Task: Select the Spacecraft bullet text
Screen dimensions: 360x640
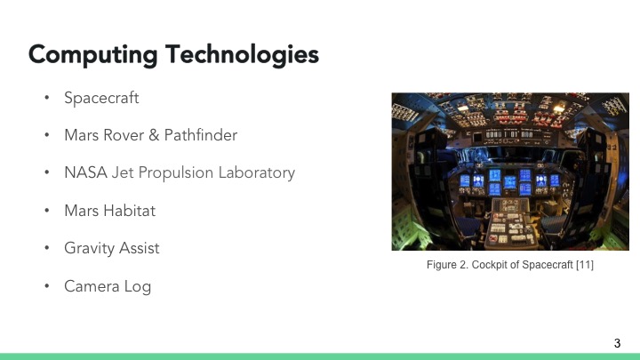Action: tap(101, 98)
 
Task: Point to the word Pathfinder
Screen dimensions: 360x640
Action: tap(201, 135)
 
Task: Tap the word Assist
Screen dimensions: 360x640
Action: tap(140, 248)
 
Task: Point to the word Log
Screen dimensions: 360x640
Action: tap(138, 286)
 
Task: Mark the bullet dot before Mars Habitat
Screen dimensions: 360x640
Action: tap(47, 212)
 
